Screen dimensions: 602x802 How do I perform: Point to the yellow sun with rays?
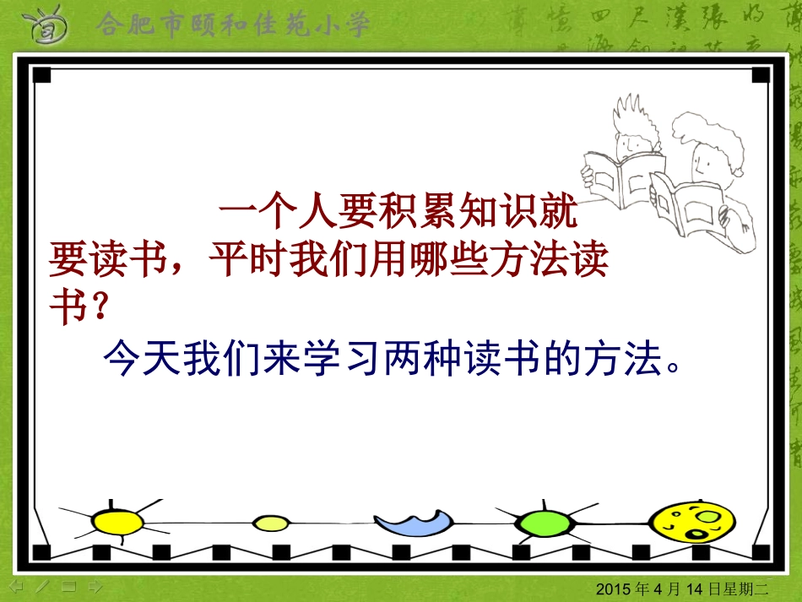pos(118,521)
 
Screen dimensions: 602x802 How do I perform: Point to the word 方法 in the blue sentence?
pos(630,361)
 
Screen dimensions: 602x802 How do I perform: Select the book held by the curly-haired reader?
pos(691,207)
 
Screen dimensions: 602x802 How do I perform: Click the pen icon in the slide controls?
pos(43,585)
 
